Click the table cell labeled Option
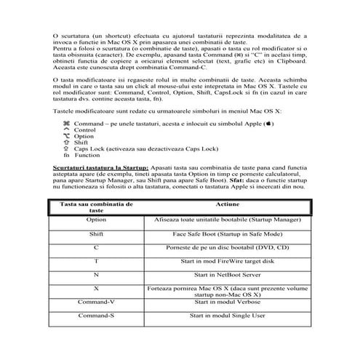[96, 218]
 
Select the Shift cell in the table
[96, 236]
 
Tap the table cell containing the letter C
[96, 248]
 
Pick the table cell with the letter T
[96, 261]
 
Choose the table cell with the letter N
[96, 275]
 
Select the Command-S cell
[96, 317]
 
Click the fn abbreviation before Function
[66, 155]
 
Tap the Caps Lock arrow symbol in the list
[66, 148]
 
